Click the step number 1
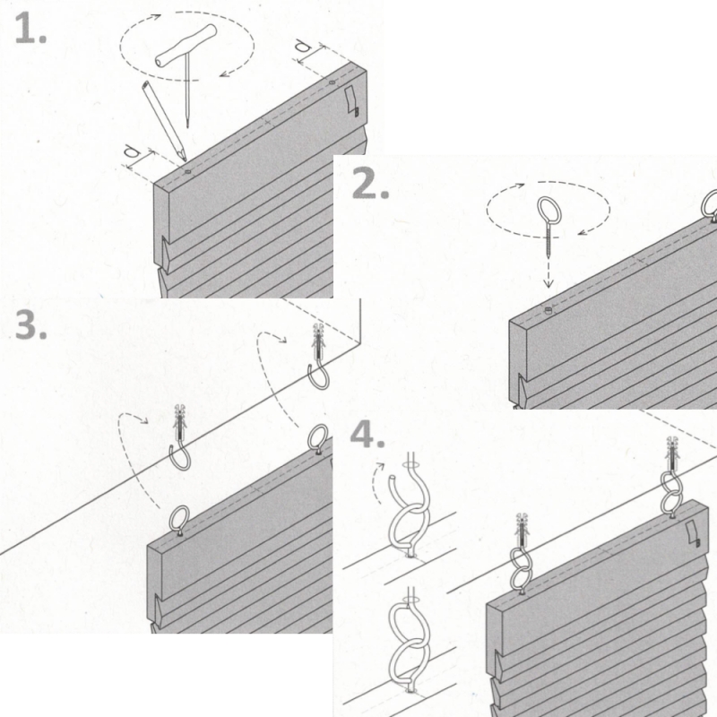(30, 29)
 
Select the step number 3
(30, 324)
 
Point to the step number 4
(367, 434)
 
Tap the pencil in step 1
(164, 121)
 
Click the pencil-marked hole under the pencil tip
(187, 172)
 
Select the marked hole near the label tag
(332, 82)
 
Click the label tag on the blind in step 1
(352, 100)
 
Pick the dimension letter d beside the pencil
(132, 151)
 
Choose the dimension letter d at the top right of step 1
(302, 46)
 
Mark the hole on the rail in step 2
(549, 311)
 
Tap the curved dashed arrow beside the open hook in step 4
(376, 482)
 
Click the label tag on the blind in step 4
(693, 534)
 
